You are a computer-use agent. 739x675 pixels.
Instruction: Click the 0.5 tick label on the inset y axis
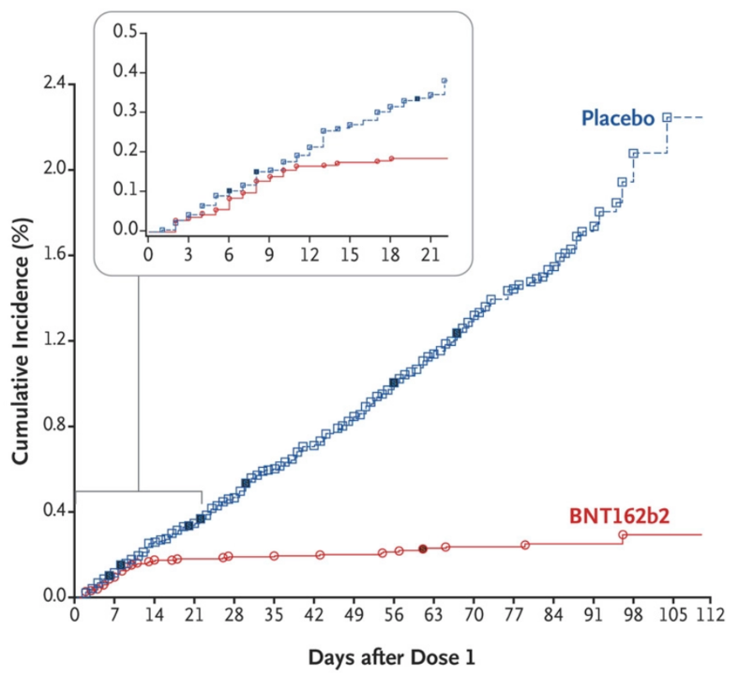(125, 32)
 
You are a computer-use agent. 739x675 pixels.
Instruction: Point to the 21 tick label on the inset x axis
(430, 253)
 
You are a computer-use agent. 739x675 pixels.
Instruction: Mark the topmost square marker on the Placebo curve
(667, 117)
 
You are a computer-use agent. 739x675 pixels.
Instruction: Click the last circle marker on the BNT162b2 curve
(623, 535)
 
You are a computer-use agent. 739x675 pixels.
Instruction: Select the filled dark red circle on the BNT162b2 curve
(423, 548)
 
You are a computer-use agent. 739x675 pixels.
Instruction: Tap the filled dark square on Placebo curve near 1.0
(393, 382)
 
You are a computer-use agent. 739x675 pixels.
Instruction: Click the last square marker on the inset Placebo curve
(444, 81)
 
